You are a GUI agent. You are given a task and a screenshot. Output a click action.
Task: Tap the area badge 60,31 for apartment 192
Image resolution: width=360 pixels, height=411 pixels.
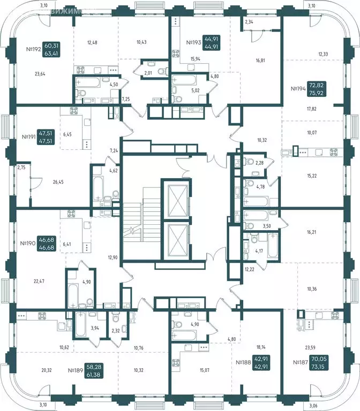click(52, 47)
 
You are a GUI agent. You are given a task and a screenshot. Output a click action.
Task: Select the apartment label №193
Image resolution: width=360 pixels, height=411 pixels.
click(194, 42)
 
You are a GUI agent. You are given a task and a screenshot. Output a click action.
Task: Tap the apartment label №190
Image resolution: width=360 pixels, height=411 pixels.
click(33, 243)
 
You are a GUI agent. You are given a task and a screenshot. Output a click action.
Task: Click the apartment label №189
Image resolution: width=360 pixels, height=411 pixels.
click(78, 370)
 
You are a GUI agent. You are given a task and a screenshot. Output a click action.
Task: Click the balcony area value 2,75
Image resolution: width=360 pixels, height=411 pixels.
click(21, 168)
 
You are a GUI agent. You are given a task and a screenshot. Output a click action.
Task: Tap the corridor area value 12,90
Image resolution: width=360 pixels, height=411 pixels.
click(112, 257)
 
